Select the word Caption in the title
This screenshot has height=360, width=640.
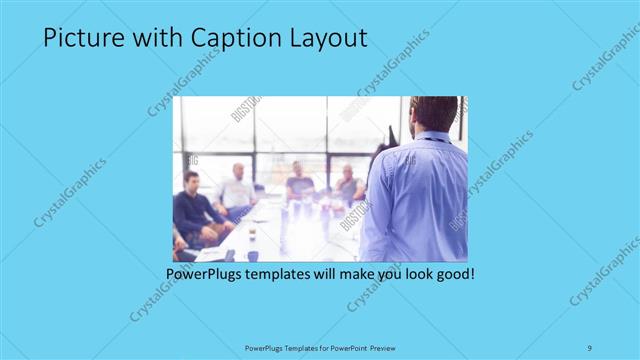click(226, 39)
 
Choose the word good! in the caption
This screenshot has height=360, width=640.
click(453, 273)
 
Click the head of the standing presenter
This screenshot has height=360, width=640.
click(433, 114)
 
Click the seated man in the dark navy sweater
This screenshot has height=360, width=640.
click(192, 207)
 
